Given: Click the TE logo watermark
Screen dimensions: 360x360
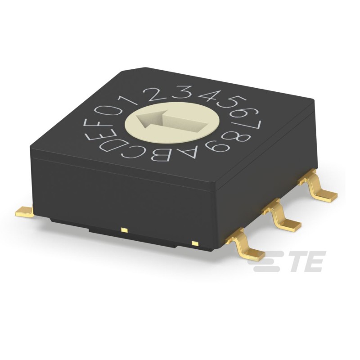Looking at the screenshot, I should tap(288, 262).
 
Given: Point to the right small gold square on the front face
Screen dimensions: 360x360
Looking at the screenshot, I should tap(195, 243).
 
